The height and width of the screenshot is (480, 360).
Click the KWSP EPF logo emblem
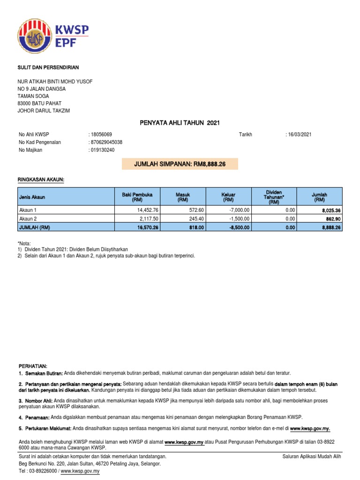(x=35, y=37)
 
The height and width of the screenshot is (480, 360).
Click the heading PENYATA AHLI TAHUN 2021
(x=180, y=123)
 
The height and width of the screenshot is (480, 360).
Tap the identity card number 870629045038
(x=107, y=142)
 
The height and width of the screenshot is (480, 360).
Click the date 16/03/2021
(x=300, y=135)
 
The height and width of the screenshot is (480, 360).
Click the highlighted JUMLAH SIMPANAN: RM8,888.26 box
(x=180, y=164)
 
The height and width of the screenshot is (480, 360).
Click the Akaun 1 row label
(x=27, y=210)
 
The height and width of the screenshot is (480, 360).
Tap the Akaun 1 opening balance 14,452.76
(x=146, y=210)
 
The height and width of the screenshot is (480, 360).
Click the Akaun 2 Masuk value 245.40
(x=195, y=218)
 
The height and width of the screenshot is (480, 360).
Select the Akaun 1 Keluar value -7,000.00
(x=239, y=210)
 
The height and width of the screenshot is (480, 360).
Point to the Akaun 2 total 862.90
(x=331, y=219)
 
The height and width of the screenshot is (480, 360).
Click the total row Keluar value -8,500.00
(x=239, y=227)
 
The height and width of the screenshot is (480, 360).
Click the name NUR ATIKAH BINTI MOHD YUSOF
(x=55, y=82)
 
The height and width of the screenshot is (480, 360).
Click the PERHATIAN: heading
(x=33, y=366)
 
